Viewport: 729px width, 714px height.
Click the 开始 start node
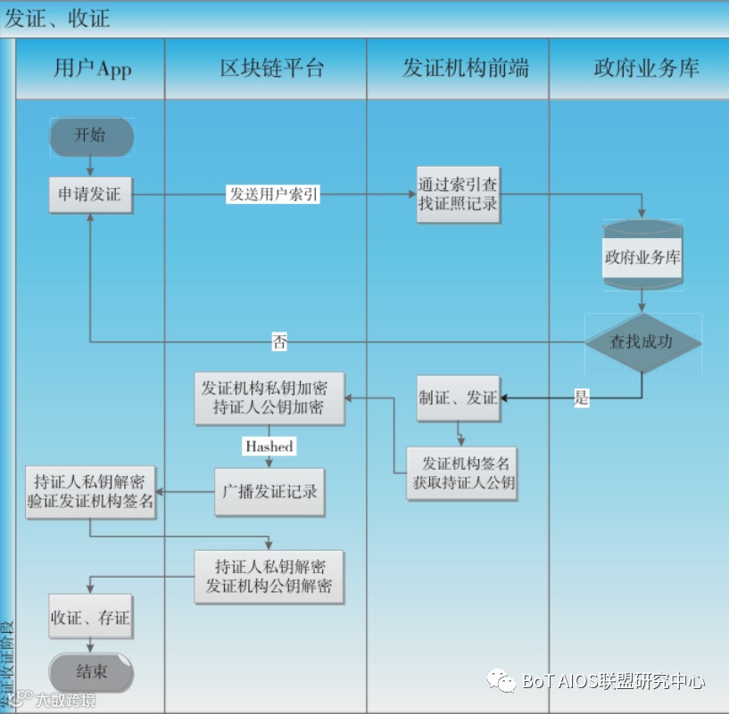coord(90,136)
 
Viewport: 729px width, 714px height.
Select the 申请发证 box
coord(90,194)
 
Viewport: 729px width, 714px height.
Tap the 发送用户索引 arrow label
coord(274,194)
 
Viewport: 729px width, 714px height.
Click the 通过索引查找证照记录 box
coord(458,194)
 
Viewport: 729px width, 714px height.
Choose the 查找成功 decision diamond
coord(642,342)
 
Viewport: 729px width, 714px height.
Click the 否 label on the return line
coord(279,341)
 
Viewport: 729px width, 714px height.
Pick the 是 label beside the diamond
coord(582,398)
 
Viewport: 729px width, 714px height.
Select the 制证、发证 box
coord(458,398)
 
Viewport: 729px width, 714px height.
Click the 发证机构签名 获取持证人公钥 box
coord(461,473)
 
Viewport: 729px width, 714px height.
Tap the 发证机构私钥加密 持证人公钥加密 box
coord(264,398)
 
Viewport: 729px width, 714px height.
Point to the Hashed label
coord(269,446)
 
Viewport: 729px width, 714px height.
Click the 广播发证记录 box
coord(269,491)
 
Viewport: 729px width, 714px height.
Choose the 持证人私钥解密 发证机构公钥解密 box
coord(269,577)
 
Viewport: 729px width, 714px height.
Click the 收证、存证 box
coord(90,617)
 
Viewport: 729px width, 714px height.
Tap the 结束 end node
coord(90,672)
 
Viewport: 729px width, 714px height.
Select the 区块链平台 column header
coord(265,69)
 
